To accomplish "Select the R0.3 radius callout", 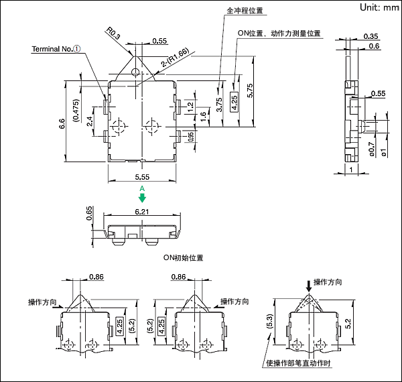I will [113, 34].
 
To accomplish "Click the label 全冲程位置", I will [245, 11].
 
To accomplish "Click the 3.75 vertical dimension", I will [219, 105].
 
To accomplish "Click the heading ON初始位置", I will [183, 257].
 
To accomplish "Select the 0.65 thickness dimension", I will [90, 214].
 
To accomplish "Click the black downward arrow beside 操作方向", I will [308, 285].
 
